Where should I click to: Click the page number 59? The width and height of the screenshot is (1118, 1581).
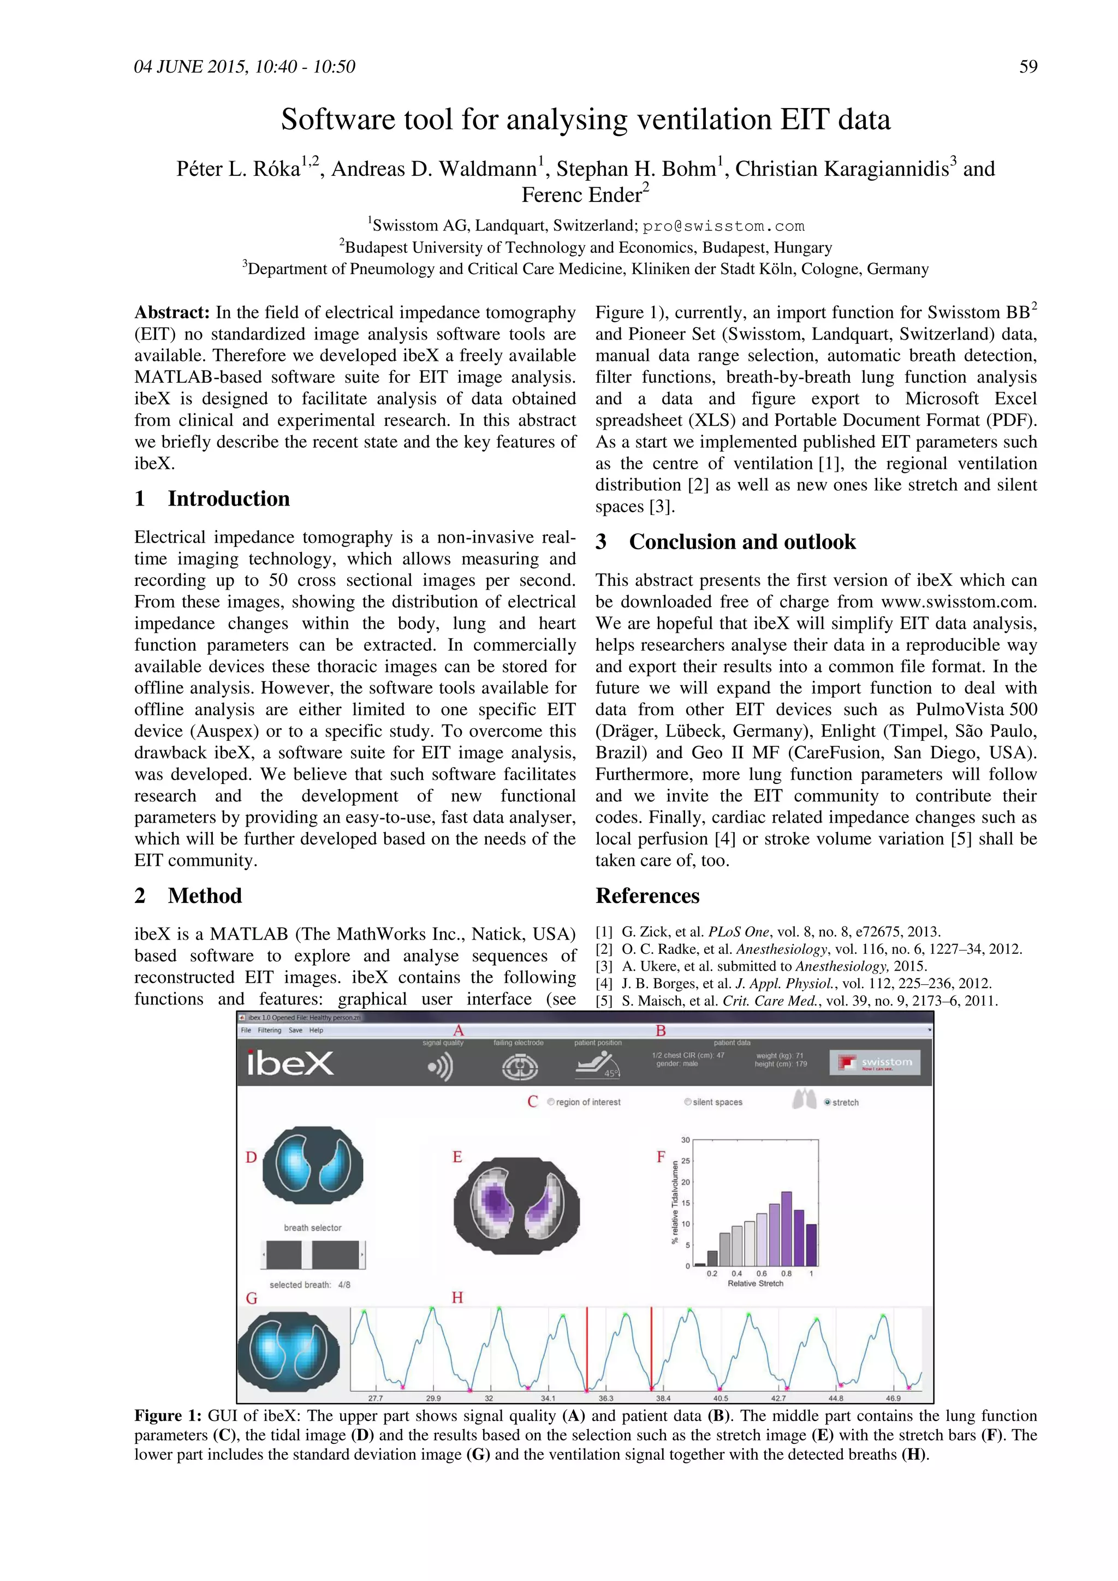coord(1028,67)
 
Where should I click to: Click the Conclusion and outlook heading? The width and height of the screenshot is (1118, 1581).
coord(742,542)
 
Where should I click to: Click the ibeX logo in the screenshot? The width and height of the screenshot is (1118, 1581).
coord(290,1063)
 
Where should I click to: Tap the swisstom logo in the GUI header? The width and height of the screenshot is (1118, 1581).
coord(875,1062)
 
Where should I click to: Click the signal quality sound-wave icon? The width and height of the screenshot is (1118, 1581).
coord(441,1067)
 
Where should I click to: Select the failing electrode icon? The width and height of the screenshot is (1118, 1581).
coord(519,1067)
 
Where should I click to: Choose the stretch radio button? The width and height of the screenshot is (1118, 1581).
coord(828,1102)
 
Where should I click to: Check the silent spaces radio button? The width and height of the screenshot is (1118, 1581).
coord(687,1102)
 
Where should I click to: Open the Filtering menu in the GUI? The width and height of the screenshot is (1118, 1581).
coord(269,1030)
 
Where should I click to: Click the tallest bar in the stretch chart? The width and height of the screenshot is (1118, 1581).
coord(786,1228)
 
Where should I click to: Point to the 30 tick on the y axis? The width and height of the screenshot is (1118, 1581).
coord(685,1139)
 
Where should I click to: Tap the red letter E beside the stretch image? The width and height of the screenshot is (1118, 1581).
coord(457,1157)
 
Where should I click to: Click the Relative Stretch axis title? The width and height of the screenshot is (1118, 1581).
coord(755,1283)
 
